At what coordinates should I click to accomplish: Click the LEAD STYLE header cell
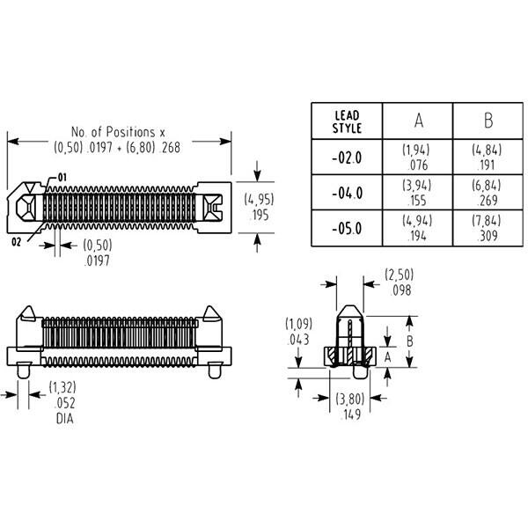pyautogui.click(x=347, y=121)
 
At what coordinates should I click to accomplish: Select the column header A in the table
pyautogui.click(x=418, y=121)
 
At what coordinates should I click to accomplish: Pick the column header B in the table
pyautogui.click(x=488, y=121)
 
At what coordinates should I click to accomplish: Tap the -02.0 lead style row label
pyautogui.click(x=347, y=158)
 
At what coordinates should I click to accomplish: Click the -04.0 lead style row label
pyautogui.click(x=347, y=194)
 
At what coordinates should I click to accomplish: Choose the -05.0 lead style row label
pyautogui.click(x=347, y=229)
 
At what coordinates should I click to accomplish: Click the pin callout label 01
pyautogui.click(x=62, y=177)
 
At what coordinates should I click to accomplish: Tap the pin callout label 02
pyautogui.click(x=16, y=242)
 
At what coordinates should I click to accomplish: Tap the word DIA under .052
pyautogui.click(x=64, y=419)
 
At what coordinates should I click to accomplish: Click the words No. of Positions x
pyautogui.click(x=118, y=132)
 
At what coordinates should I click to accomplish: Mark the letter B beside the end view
pyautogui.click(x=410, y=341)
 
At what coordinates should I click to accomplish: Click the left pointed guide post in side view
pyautogui.click(x=28, y=313)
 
